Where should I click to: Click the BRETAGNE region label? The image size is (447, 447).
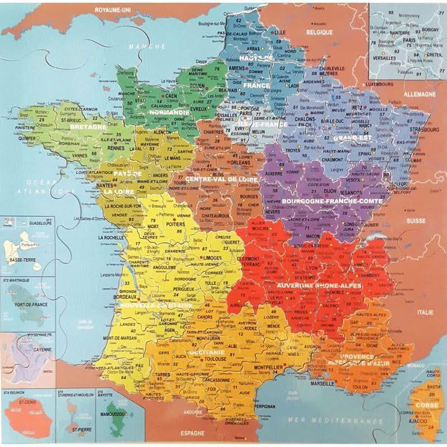pos(88,127)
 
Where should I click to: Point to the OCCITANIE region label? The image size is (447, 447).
pos(207,353)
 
